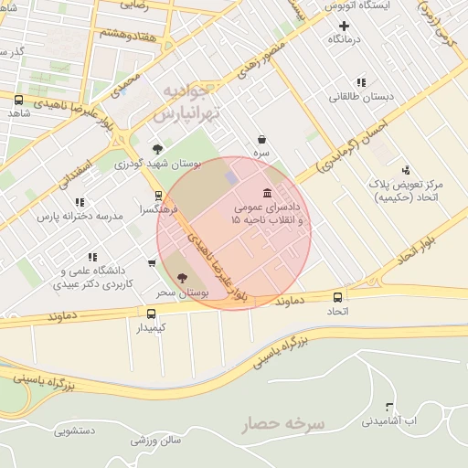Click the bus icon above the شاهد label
[18, 100]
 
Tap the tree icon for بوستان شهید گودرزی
[158, 148]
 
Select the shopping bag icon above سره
[262, 140]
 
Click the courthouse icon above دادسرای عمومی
[266, 194]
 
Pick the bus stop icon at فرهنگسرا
[159, 195]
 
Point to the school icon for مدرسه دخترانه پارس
[80, 202]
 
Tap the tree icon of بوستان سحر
[181, 277]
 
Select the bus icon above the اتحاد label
[338, 297]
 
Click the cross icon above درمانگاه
[344, 26]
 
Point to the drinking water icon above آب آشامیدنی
[389, 407]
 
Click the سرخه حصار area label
[283, 424]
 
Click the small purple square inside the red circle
[231, 175]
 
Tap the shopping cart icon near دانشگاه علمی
[151, 263]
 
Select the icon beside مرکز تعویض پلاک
[406, 169]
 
